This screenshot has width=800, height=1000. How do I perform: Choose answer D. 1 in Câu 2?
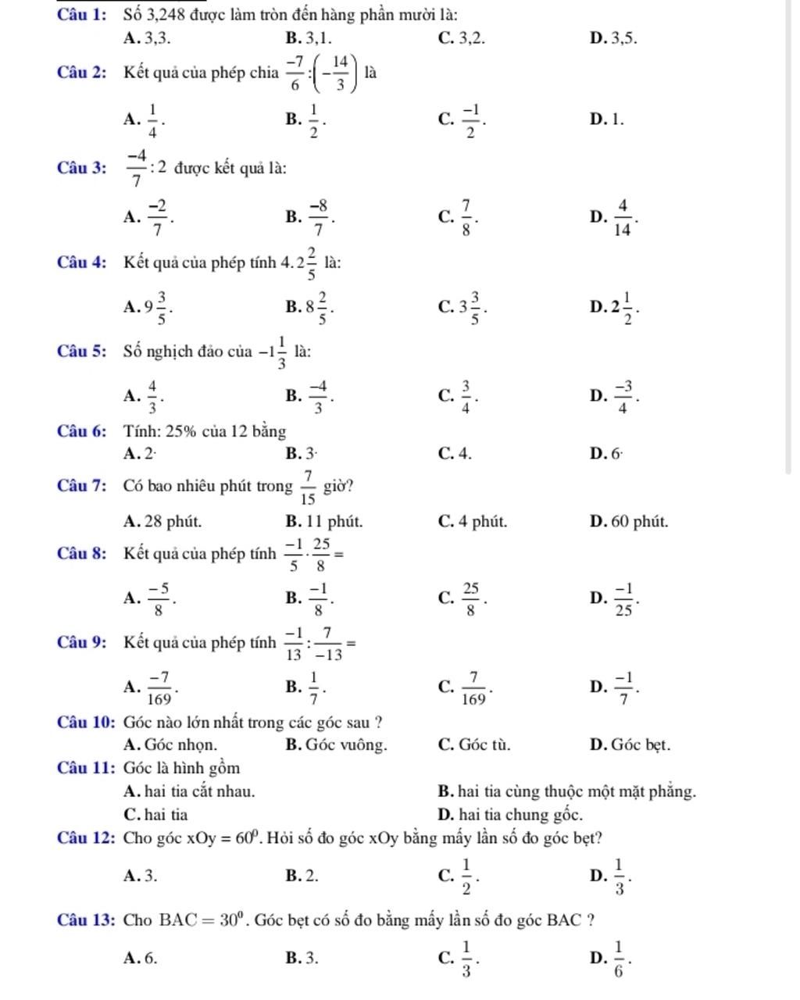pyautogui.click(x=607, y=120)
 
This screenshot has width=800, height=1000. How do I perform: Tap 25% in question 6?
pyautogui.click(x=182, y=430)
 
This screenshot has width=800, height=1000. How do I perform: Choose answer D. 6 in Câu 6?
pyautogui.click(x=606, y=452)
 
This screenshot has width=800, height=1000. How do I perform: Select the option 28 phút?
pyautogui.click(x=162, y=521)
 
